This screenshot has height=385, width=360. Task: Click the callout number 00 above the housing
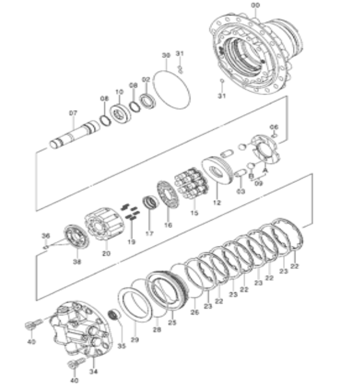coord(255,5)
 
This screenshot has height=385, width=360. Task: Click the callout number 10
coord(119,91)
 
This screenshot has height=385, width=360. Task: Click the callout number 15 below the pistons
coord(194,213)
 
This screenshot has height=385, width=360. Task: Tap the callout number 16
coord(168,225)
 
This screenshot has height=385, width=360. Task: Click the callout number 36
coord(46,235)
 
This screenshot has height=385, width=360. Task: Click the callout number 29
coord(135,340)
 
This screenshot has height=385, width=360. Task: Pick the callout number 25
coord(172,322)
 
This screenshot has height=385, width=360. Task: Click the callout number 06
coord(274,126)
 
